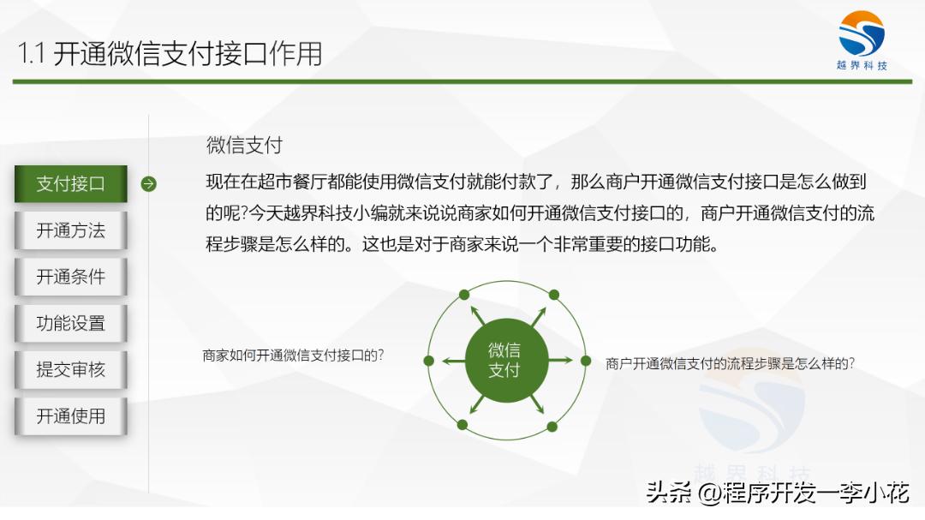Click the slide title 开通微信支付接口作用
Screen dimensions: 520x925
[x=188, y=54]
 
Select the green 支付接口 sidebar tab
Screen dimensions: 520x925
[x=71, y=184]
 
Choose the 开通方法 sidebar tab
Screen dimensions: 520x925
[x=71, y=230]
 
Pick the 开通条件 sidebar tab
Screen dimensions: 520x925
[x=71, y=277]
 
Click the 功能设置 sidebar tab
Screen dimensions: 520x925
[x=71, y=323]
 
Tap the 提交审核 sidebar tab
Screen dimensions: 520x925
[x=71, y=369]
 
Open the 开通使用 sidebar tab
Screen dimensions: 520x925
[x=71, y=415]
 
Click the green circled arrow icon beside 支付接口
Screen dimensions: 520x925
[x=148, y=184]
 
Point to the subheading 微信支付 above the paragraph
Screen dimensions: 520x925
[x=244, y=146]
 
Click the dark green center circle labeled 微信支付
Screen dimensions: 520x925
[x=504, y=360]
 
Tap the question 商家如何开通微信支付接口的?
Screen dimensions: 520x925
[x=293, y=355]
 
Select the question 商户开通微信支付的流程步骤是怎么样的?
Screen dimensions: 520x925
[x=730, y=363]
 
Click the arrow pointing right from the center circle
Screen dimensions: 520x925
[x=561, y=360]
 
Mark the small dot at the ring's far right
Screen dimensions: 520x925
[x=587, y=360]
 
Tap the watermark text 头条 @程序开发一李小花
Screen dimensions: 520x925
[x=777, y=493]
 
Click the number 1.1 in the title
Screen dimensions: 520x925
[x=32, y=54]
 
